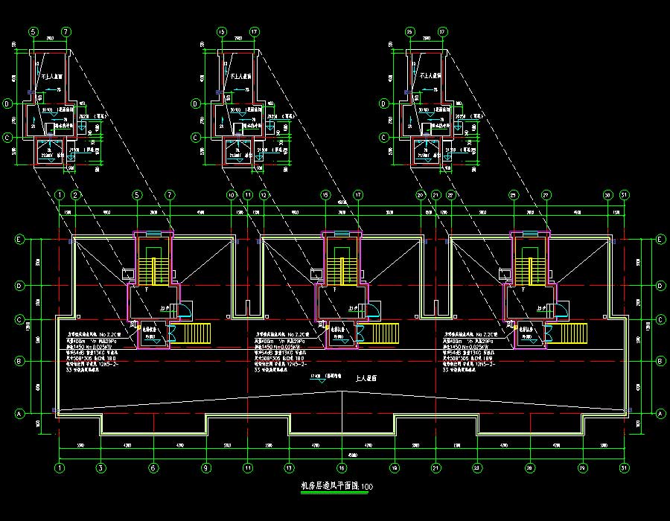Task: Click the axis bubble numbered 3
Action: coord(100,468)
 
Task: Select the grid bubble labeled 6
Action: coord(153,468)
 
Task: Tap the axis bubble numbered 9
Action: coord(205,468)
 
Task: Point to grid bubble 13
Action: coord(288,468)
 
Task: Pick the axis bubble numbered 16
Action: coord(342,468)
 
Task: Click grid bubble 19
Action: coord(395,468)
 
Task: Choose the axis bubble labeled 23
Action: coord(477,468)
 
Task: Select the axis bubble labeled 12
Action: coord(264,195)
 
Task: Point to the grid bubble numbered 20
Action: coord(420,195)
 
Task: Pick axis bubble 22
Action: coord(452,195)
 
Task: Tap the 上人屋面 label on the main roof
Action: coord(366,378)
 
